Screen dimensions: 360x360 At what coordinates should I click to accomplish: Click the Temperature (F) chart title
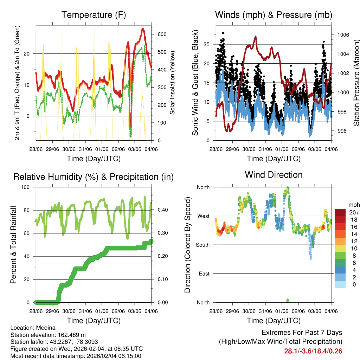(94, 15)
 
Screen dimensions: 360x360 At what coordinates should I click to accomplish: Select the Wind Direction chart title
(274, 175)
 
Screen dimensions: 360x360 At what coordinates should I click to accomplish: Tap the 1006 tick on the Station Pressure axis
(343, 35)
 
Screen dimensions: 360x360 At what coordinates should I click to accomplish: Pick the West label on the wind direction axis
(203, 216)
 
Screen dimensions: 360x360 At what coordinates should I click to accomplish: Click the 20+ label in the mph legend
(354, 212)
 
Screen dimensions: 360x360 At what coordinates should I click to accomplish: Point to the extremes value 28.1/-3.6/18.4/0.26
(313, 351)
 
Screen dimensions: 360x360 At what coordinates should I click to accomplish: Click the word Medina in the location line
(44, 328)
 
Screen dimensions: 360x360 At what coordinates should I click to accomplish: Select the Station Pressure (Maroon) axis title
(356, 83)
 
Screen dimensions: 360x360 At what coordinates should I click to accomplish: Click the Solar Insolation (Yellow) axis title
(173, 83)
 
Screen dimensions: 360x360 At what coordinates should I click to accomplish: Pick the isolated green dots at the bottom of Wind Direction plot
(287, 301)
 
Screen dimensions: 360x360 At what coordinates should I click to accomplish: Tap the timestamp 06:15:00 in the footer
(130, 356)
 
